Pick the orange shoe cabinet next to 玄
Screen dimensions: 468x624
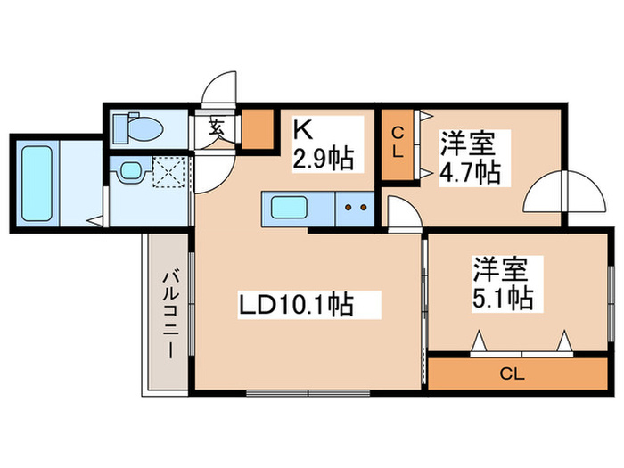pyautogui.click(x=258, y=128)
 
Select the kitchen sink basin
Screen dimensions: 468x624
pyautogui.click(x=291, y=209)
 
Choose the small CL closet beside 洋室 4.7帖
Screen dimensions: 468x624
pyautogui.click(x=398, y=144)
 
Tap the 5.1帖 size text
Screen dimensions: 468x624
pyautogui.click(x=502, y=296)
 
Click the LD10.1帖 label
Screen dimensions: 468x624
pyautogui.click(x=295, y=305)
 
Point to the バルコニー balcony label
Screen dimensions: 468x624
pyautogui.click(x=168, y=316)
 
